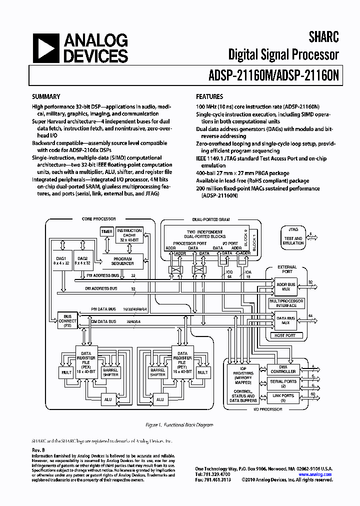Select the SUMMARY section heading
click(x=46, y=96)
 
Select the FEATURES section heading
click(x=209, y=96)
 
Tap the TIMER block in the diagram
click(x=106, y=232)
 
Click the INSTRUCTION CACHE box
click(x=129, y=235)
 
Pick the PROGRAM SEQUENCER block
click(x=122, y=260)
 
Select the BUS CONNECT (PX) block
click(x=68, y=320)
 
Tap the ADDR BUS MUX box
click(x=285, y=285)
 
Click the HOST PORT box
click(x=285, y=335)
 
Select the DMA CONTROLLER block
click(x=283, y=368)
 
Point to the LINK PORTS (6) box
click(x=283, y=398)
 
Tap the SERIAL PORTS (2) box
click(x=283, y=383)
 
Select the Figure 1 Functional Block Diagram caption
click(x=179, y=425)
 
